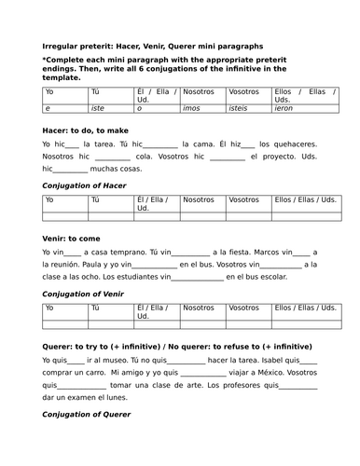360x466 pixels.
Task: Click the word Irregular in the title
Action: click(x=62, y=45)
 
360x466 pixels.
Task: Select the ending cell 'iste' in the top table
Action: click(x=96, y=108)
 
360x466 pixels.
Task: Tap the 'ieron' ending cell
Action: click(x=284, y=108)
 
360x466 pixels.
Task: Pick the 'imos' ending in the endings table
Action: click(x=193, y=108)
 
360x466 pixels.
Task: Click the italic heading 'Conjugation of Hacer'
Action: click(x=88, y=186)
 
